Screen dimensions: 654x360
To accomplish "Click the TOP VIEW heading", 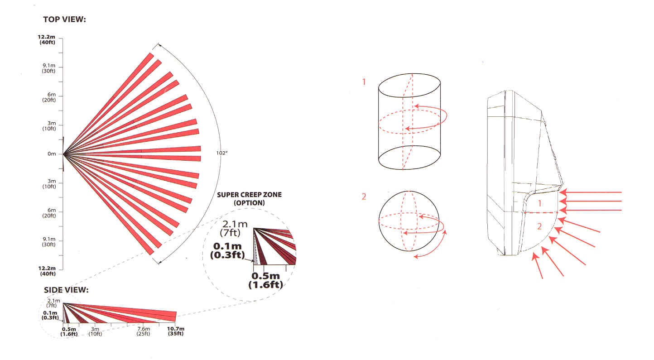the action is [64, 19].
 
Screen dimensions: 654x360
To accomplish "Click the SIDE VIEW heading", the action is [66, 290].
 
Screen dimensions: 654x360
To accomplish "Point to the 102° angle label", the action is [222, 153].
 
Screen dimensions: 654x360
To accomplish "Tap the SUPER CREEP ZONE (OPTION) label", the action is [250, 198].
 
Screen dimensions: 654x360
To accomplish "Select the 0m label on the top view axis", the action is [52, 154].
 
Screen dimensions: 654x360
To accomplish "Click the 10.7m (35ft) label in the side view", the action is [176, 331].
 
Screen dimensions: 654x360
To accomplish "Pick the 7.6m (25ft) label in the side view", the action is [144, 331].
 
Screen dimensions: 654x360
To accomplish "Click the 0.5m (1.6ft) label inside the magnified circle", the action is [266, 280].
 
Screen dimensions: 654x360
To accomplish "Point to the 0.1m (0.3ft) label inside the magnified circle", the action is [227, 250].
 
